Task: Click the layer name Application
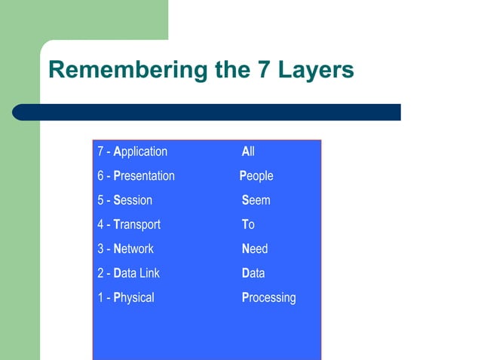click(x=140, y=151)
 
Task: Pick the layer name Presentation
click(x=144, y=175)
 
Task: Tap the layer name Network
click(x=133, y=249)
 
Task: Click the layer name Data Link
click(x=136, y=273)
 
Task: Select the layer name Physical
click(x=133, y=297)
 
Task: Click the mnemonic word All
click(x=248, y=151)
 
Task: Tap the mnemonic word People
click(x=256, y=175)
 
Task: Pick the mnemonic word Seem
click(x=256, y=200)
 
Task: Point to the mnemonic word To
click(x=248, y=224)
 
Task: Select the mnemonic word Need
click(x=255, y=249)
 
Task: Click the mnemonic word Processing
click(x=268, y=297)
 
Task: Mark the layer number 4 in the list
click(x=100, y=224)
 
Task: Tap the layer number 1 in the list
click(x=100, y=297)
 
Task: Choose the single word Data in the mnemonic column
click(x=253, y=273)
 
